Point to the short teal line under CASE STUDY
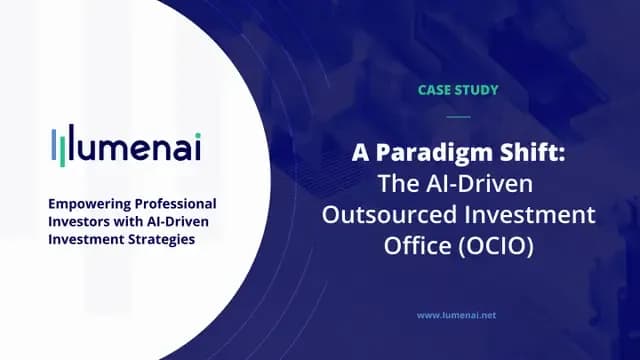point(456,116)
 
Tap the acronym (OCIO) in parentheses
point(495,243)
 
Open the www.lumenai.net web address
point(456,314)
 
